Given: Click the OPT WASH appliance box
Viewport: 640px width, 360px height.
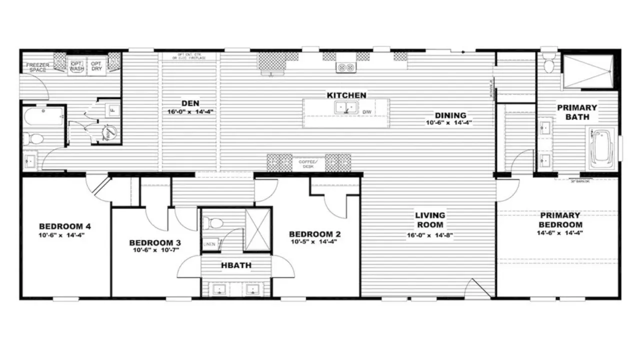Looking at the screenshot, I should tap(76, 66).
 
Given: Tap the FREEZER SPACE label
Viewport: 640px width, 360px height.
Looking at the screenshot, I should tap(36, 67).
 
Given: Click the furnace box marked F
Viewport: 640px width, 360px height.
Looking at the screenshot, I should tap(113, 109).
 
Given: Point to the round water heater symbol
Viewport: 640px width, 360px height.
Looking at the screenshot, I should tap(110, 132).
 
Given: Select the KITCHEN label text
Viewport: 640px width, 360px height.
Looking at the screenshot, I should tap(346, 95).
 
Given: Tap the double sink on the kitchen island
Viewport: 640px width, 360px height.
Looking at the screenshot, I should tap(346, 107).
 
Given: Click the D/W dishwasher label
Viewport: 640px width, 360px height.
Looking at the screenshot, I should tap(366, 111).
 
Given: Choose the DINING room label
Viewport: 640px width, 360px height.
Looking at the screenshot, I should tap(449, 115).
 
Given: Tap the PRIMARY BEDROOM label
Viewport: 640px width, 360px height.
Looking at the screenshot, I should tap(560, 220).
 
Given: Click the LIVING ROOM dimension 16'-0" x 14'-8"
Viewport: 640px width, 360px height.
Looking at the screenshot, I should tap(430, 234).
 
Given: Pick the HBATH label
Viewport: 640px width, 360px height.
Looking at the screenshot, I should tap(237, 265).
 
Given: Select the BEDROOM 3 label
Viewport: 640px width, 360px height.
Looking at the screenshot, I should tap(154, 242).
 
